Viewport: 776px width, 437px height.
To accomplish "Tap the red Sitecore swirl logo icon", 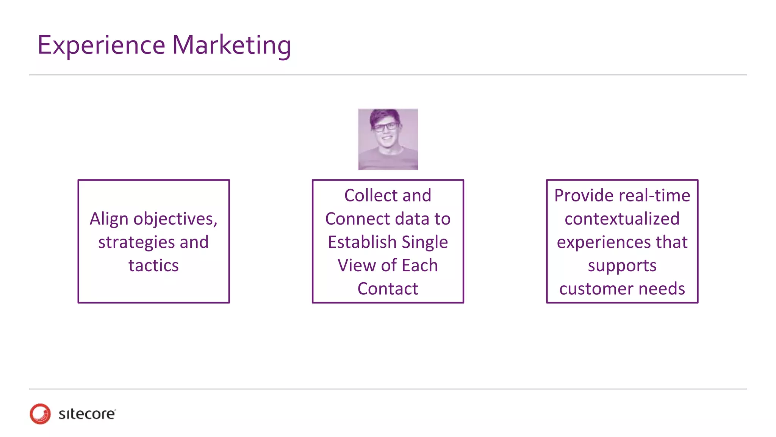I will pyautogui.click(x=40, y=413).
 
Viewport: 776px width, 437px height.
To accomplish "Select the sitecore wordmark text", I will pyautogui.click(x=87, y=414).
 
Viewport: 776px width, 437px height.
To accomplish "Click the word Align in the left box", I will pyautogui.click(x=109, y=219).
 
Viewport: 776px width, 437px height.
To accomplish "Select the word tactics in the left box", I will pyautogui.click(x=153, y=266).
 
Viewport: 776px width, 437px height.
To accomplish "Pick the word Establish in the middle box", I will pyautogui.click(x=362, y=242).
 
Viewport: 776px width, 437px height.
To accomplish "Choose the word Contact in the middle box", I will pyautogui.click(x=388, y=289).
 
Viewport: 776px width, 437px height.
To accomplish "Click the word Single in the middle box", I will pyautogui.click(x=425, y=242).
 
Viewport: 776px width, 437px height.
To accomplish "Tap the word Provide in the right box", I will pyautogui.click(x=584, y=196).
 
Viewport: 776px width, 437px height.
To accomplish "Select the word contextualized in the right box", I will pyautogui.click(x=622, y=219).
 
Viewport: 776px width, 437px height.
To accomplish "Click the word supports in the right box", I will pyautogui.click(x=622, y=266).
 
